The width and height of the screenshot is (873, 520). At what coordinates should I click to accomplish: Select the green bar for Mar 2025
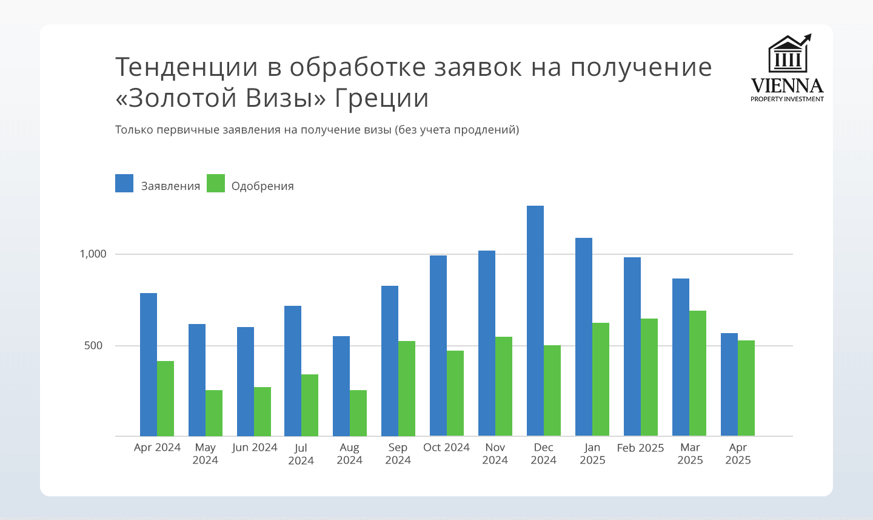[698, 373]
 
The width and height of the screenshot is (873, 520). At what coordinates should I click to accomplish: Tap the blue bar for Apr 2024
[149, 364]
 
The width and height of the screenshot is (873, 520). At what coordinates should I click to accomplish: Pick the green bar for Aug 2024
[358, 413]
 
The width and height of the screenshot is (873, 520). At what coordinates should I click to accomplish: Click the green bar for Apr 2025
[746, 388]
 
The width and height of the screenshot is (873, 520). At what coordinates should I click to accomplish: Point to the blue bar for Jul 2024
[293, 371]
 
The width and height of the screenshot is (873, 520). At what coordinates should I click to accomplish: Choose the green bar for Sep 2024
[407, 388]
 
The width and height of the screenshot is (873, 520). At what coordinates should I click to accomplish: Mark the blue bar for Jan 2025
[584, 337]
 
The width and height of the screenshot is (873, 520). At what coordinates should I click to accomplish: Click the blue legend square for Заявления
[124, 183]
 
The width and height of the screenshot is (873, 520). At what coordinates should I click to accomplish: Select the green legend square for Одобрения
[216, 183]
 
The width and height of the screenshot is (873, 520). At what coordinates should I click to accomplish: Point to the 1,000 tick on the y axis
[93, 254]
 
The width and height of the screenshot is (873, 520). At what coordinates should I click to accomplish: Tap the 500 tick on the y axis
[94, 346]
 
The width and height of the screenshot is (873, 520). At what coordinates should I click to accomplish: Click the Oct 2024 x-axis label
[446, 448]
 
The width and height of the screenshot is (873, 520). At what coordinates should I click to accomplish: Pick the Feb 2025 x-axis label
[640, 448]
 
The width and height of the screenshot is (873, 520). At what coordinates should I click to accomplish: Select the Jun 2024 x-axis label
[255, 448]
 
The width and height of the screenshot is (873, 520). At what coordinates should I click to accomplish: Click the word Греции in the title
[381, 98]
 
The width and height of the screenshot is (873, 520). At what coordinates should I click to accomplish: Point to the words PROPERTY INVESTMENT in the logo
[787, 99]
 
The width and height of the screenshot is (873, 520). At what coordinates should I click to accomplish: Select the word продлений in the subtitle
[485, 130]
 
